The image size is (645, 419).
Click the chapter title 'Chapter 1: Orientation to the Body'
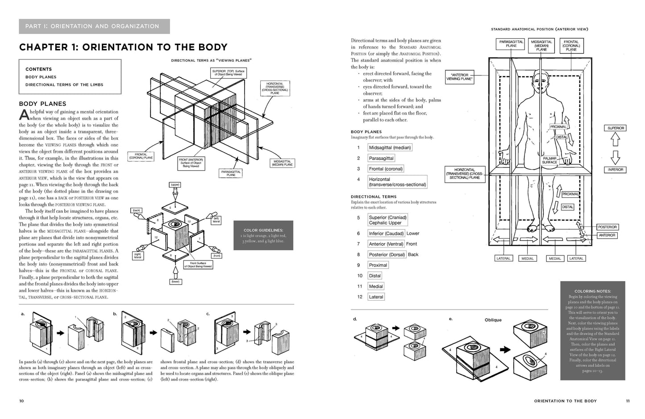[x=123, y=47]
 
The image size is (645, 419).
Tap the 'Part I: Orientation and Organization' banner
[x=94, y=26]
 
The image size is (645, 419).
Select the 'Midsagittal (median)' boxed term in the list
[x=390, y=148]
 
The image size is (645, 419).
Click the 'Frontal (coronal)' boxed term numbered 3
[x=386, y=169]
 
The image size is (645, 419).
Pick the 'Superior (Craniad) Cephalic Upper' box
[x=387, y=220]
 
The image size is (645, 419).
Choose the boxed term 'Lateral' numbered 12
[x=376, y=297]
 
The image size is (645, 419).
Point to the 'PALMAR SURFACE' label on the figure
[x=549, y=160]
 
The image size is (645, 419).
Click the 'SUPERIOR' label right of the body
[x=616, y=128]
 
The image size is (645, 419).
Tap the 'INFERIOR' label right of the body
[x=616, y=170]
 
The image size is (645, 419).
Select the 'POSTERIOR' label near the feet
[x=607, y=227]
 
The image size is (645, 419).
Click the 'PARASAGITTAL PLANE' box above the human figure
[x=511, y=44]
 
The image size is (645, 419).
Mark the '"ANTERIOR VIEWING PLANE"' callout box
[x=459, y=77]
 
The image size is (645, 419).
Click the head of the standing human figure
[x=540, y=83]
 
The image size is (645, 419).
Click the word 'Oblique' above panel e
[x=493, y=320]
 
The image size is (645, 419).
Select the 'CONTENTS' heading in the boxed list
[x=38, y=69]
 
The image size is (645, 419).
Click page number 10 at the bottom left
[x=21, y=401]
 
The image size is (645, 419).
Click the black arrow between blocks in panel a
[x=60, y=331]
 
